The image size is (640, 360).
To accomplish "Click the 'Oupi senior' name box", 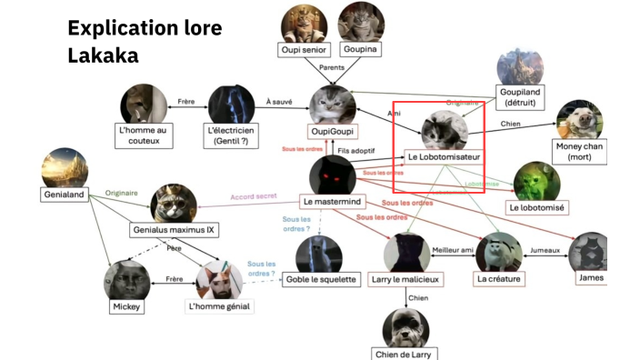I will pos(304,49).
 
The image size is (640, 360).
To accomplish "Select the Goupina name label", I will pos(360,49).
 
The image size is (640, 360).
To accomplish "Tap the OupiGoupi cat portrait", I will pos(332,105).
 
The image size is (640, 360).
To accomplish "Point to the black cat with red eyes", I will pos(329,173).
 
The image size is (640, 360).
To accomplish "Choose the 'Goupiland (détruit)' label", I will pos(520,97).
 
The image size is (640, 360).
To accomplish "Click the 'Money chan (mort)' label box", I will pos(579,152).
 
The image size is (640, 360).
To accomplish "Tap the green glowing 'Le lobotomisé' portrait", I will pos(536,181).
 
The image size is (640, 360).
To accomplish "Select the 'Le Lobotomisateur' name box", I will pos(444,156).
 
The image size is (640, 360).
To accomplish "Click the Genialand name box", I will pos(64,195).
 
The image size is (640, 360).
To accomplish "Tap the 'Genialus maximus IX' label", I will pos(175,231).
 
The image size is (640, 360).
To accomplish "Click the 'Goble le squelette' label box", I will pos(321,279).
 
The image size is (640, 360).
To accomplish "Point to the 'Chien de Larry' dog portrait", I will pos(405,327).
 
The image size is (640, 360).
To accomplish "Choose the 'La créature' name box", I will pos(499,279).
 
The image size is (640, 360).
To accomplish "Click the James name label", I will pos(591,277).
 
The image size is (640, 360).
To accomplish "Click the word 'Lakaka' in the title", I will pos(103,55).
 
